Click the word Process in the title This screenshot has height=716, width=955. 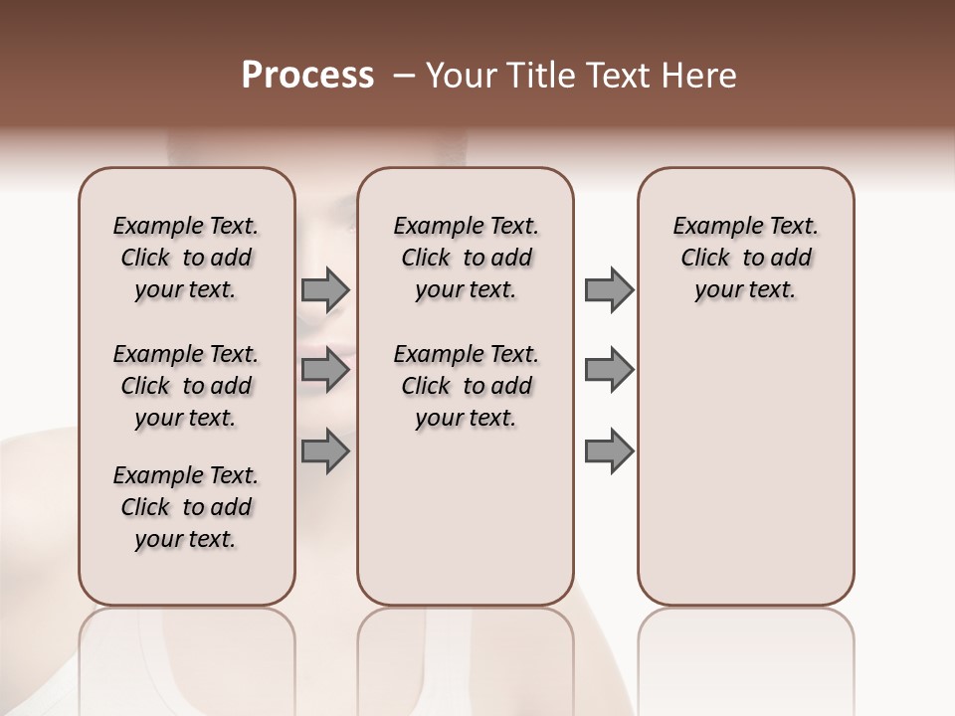point(307,76)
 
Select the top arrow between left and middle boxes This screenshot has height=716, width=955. point(325,290)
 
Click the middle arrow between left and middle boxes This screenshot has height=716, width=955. point(325,370)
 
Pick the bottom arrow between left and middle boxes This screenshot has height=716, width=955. point(325,449)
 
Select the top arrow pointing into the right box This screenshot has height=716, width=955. point(609,290)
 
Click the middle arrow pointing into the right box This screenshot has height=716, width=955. point(609,370)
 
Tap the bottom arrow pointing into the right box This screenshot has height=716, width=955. point(609,449)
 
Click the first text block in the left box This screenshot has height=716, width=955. point(186,258)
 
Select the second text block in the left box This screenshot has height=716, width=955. point(186,386)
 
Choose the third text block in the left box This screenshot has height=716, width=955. point(186,507)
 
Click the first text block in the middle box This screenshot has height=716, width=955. point(466,258)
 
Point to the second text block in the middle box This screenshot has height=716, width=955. point(466,386)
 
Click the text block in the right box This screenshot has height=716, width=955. point(745,258)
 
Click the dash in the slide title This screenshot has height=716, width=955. point(404,76)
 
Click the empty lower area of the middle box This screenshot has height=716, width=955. point(466,517)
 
